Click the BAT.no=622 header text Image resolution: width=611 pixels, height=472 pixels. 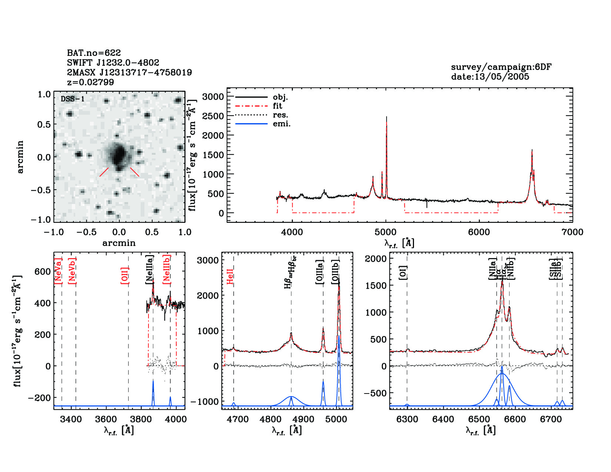(x=94, y=53)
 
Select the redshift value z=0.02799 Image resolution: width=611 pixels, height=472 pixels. (x=90, y=82)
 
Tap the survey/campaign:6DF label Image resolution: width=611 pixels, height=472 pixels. (x=501, y=67)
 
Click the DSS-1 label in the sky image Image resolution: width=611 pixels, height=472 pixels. (x=73, y=99)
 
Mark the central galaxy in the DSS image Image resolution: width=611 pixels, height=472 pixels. (x=118, y=155)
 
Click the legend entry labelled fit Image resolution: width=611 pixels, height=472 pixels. (x=277, y=106)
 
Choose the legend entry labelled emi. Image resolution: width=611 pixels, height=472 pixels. (x=281, y=124)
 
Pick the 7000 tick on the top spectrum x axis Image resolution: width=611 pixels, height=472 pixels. (x=572, y=232)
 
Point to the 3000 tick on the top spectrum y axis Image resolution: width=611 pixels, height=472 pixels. (x=213, y=97)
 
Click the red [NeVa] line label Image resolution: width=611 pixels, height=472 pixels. (x=58, y=271)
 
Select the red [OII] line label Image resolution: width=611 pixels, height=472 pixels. (x=125, y=275)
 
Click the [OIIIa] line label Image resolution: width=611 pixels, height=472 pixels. (x=320, y=272)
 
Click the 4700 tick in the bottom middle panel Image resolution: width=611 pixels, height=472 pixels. (x=237, y=419)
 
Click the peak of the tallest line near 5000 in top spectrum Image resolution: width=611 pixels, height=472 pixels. (x=387, y=117)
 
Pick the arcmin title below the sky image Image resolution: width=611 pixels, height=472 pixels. (x=119, y=243)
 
